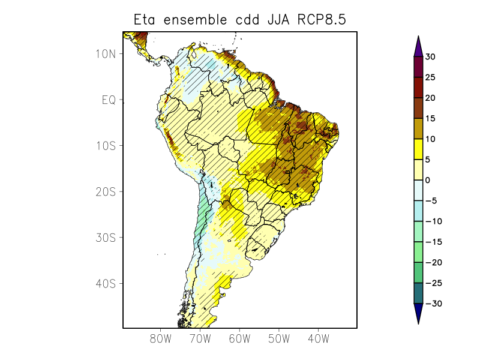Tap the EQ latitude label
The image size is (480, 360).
[x=109, y=100]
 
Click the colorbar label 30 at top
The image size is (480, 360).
[x=431, y=57]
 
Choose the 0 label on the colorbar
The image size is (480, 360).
[x=428, y=180]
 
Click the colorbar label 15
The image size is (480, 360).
[x=430, y=119]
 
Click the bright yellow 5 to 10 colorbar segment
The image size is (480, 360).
[x=418, y=149]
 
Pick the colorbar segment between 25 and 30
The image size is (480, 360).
[x=418, y=67]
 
